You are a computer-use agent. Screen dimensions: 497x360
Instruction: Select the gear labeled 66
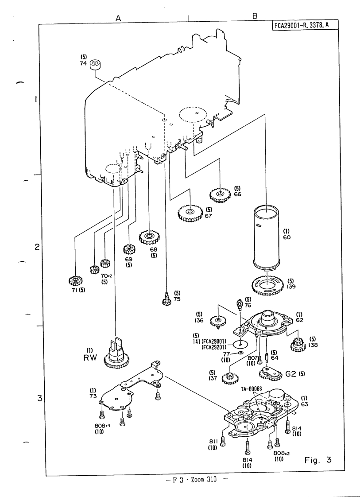click(x=219, y=194)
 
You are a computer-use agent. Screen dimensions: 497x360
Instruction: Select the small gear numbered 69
click(x=129, y=249)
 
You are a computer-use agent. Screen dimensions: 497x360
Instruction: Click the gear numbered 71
click(x=76, y=280)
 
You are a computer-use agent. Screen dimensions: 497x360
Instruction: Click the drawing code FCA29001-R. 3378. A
click(x=304, y=25)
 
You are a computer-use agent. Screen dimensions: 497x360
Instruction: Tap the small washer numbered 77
click(x=239, y=353)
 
